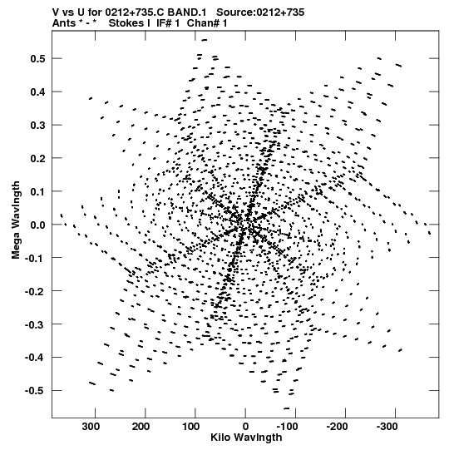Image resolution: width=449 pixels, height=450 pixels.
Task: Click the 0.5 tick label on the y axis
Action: [37, 59]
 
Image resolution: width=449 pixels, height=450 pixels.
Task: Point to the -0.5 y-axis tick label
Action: [35, 391]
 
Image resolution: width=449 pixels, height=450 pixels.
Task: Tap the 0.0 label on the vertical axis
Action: [37, 225]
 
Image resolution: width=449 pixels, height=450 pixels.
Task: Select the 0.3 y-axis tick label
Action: [37, 126]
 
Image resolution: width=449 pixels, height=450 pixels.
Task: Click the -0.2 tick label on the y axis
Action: [35, 291]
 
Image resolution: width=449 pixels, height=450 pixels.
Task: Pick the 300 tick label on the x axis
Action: [91, 427]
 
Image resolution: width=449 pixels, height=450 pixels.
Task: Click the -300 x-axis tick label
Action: [387, 427]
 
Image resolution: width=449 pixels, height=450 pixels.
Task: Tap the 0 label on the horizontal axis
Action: [245, 427]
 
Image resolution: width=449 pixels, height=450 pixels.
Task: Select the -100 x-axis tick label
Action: [287, 427]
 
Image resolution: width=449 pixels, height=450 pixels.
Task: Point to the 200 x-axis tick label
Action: [141, 427]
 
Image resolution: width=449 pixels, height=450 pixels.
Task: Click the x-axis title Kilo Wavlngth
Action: [246, 438]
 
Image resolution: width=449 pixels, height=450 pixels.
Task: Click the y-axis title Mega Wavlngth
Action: [16, 220]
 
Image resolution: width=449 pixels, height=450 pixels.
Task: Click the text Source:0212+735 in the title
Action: [260, 12]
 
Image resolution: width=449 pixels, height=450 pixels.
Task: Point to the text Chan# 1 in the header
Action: [207, 23]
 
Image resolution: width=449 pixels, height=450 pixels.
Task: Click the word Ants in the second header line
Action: [64, 23]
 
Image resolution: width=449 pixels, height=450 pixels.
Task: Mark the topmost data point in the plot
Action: [204, 40]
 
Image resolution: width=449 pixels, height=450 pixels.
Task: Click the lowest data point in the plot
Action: [286, 408]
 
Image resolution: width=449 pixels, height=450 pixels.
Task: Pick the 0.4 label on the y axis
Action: [37, 92]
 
